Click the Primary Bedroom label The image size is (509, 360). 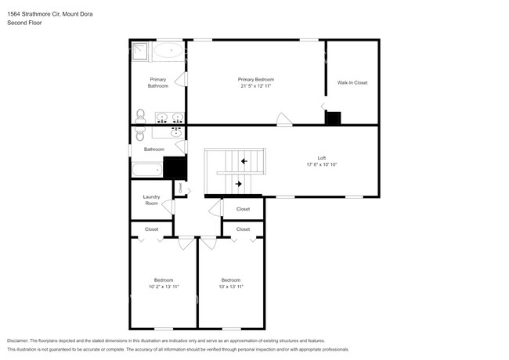click(256, 79)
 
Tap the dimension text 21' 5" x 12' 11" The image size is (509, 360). click(256, 86)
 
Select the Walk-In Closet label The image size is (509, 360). click(352, 82)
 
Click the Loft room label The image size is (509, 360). click(321, 157)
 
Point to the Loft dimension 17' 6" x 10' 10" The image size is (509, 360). click(321, 164)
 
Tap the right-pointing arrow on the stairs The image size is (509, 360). click(238, 184)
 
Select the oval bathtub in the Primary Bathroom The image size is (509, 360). click(168, 51)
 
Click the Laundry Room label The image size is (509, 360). click(151, 200)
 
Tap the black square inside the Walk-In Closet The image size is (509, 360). click(334, 118)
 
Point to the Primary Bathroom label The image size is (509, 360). click(158, 82)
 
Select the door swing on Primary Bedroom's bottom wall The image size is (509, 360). click(284, 119)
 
